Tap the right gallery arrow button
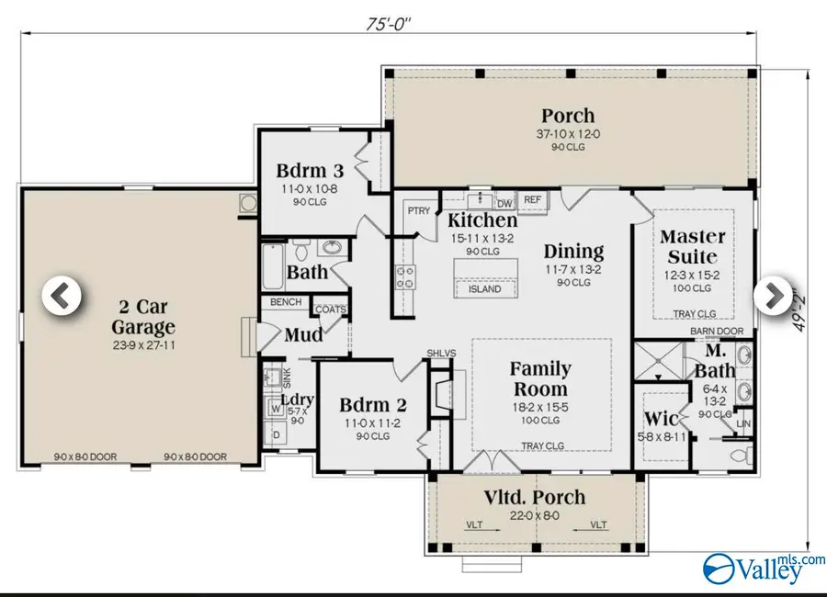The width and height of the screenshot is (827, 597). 773,295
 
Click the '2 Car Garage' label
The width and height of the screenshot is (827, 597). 142,316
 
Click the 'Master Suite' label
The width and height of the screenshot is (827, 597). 693,246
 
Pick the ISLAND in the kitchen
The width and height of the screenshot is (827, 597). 484,288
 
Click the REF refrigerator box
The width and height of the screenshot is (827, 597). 531,199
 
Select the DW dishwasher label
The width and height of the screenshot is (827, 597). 504,204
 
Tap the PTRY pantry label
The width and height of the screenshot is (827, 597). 418,211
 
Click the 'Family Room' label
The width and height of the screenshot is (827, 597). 540,378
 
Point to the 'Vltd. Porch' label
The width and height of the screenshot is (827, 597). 536,497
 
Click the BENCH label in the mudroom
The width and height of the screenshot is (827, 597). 286,302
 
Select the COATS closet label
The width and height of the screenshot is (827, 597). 330,310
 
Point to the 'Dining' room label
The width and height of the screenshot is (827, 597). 573,251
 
